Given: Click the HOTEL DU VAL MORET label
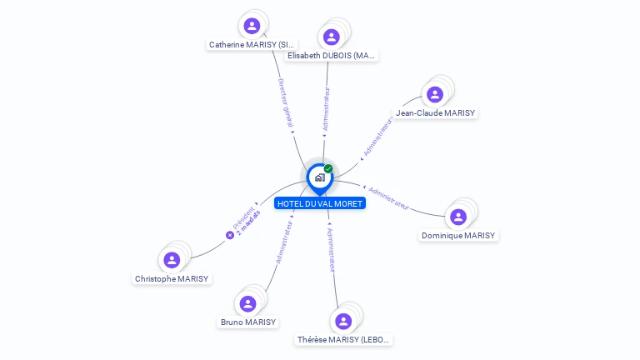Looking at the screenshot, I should (x=319, y=203).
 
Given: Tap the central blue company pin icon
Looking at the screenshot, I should (x=319, y=177).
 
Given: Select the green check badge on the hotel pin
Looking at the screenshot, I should (x=328, y=169).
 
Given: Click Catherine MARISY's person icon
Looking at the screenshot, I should (x=252, y=25).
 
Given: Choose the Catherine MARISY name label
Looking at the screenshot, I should (x=252, y=44).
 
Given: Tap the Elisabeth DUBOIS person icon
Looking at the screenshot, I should (x=331, y=37).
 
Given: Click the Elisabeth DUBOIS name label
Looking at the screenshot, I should (x=331, y=56).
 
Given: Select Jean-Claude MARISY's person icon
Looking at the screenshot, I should (x=434, y=94).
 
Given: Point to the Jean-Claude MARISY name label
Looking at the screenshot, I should (x=435, y=113).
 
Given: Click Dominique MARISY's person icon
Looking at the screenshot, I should (x=457, y=217).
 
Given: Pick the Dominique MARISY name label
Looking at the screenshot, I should (x=458, y=236).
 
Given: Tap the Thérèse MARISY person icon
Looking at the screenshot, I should (x=343, y=321).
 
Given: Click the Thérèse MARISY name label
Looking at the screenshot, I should (x=343, y=340).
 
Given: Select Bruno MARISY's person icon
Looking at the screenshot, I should (x=247, y=303).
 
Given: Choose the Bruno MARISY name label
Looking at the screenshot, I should (x=247, y=322).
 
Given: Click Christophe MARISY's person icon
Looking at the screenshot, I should (x=172, y=260).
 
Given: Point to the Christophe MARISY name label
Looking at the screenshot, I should (x=172, y=279).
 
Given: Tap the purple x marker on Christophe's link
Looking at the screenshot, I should (x=230, y=235).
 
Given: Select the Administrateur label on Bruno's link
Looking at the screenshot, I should (x=283, y=242).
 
